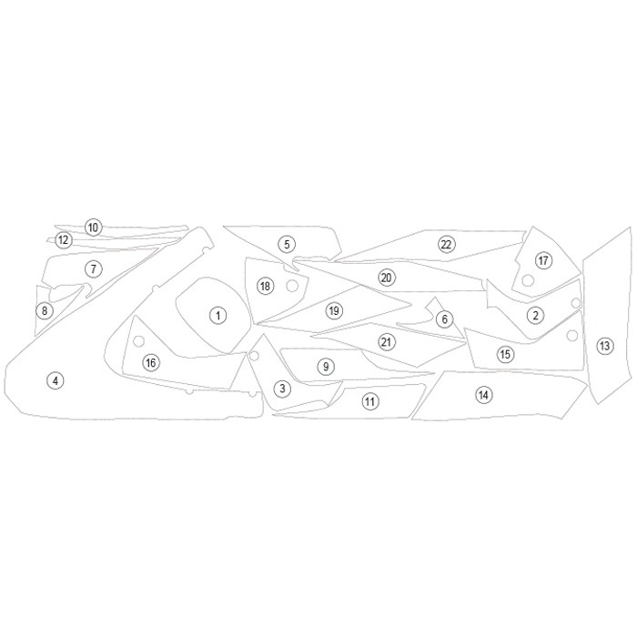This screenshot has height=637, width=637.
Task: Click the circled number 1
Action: point(218,316)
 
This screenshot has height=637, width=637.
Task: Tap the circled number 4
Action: point(56,380)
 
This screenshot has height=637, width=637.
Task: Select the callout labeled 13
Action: point(604,346)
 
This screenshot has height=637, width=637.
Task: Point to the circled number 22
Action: point(446,245)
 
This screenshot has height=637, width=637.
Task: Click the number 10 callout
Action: point(93,227)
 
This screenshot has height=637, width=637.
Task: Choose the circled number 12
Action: point(64,239)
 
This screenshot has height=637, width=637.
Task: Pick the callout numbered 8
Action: point(45,311)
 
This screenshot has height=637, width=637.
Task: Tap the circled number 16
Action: point(151,362)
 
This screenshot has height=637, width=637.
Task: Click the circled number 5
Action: point(287,245)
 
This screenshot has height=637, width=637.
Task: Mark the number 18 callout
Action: point(265,286)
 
